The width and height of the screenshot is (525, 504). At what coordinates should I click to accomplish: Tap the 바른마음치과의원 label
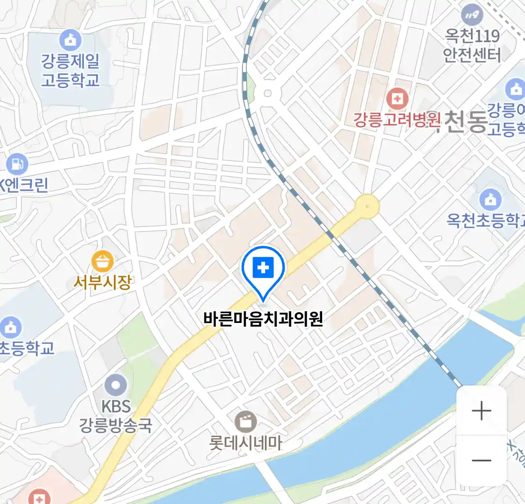point(263,319)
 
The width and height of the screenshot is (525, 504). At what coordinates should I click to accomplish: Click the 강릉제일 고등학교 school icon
point(70,40)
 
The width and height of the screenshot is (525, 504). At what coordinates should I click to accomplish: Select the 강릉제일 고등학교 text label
point(70,70)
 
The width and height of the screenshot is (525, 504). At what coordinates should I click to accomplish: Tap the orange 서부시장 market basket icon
point(102,261)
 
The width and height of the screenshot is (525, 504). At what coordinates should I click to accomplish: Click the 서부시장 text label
point(102,282)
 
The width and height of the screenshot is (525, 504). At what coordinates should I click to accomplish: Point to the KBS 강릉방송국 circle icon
point(115,385)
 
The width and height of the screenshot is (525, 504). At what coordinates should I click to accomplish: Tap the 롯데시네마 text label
point(245,443)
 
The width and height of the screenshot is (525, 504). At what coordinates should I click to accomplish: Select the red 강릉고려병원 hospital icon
point(397,99)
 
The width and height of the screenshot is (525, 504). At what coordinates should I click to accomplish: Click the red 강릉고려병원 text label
point(397,120)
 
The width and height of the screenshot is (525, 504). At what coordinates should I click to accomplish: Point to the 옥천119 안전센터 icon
point(472,15)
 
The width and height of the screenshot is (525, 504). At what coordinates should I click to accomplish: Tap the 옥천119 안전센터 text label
point(472,45)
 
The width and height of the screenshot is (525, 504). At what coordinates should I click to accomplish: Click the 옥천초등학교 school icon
point(490,200)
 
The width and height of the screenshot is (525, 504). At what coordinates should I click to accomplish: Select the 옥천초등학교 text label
point(485,220)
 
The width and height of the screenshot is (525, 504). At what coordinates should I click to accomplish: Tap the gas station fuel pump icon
point(17,164)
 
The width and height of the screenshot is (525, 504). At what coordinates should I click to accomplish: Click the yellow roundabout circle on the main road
point(367,206)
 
